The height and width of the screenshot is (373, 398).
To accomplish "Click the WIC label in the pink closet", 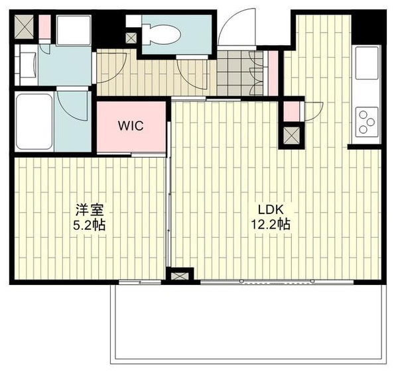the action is tap(131, 126).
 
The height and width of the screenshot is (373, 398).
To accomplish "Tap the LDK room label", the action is tap(271, 210).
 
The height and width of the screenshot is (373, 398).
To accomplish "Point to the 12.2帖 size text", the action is tap(271, 224).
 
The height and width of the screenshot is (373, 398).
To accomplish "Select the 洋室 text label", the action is tap(90, 210).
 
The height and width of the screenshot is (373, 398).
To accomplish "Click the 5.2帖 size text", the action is tap(89, 225).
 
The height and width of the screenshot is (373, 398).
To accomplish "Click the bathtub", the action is tap(34, 121).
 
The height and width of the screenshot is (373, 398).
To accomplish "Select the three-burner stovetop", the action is tap(367, 122).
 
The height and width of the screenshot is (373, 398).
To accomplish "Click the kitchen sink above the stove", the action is tap(367, 63).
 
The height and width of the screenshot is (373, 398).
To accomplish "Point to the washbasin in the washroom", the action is tap(28, 64).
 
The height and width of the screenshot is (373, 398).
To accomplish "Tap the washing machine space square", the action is tap(74, 30).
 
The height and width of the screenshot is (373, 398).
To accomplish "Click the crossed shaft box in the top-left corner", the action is tap(24, 27).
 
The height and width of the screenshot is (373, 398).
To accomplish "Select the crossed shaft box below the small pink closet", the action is tap(291, 135).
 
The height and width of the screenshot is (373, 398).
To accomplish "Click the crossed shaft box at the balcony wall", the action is tap(180, 276).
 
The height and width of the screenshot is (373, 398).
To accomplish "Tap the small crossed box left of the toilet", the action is tap(131, 38).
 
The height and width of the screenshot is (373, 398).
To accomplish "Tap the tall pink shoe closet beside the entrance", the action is tap(273, 74).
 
